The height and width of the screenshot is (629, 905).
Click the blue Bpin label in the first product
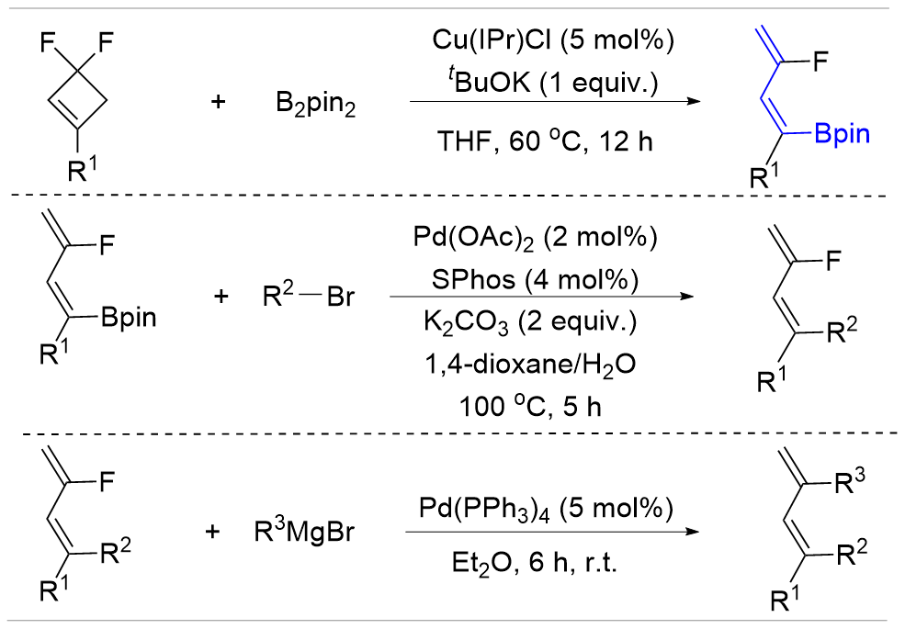point(839,136)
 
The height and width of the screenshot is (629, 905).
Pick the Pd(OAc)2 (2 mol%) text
point(537,241)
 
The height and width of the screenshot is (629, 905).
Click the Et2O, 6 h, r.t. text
point(537,562)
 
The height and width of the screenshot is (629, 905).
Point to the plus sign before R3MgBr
point(218,532)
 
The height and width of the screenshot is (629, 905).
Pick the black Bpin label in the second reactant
point(129,319)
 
